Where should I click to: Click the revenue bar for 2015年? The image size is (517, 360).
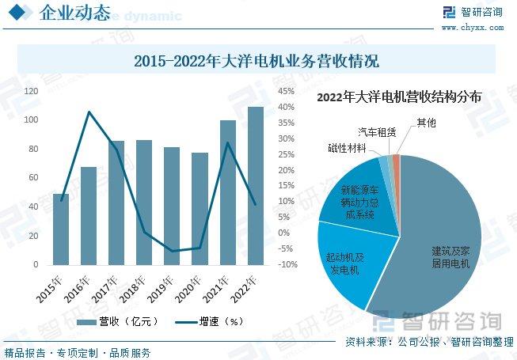tap(61, 229)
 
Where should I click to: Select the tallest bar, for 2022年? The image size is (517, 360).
tap(255, 185)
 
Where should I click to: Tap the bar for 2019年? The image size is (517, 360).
tap(172, 206)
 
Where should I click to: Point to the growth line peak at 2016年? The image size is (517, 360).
tap(89, 112)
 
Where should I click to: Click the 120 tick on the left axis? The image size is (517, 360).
tap(31, 91)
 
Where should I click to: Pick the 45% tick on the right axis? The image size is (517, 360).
tap(286, 91)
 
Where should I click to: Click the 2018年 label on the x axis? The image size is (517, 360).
tap(134, 286)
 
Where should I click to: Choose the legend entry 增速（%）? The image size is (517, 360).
tap(208, 322)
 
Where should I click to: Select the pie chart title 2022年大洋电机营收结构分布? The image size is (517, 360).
tap(398, 97)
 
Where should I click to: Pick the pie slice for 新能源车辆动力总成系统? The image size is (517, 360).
tap(356, 198)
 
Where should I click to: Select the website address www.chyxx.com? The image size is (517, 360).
tap(472, 27)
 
